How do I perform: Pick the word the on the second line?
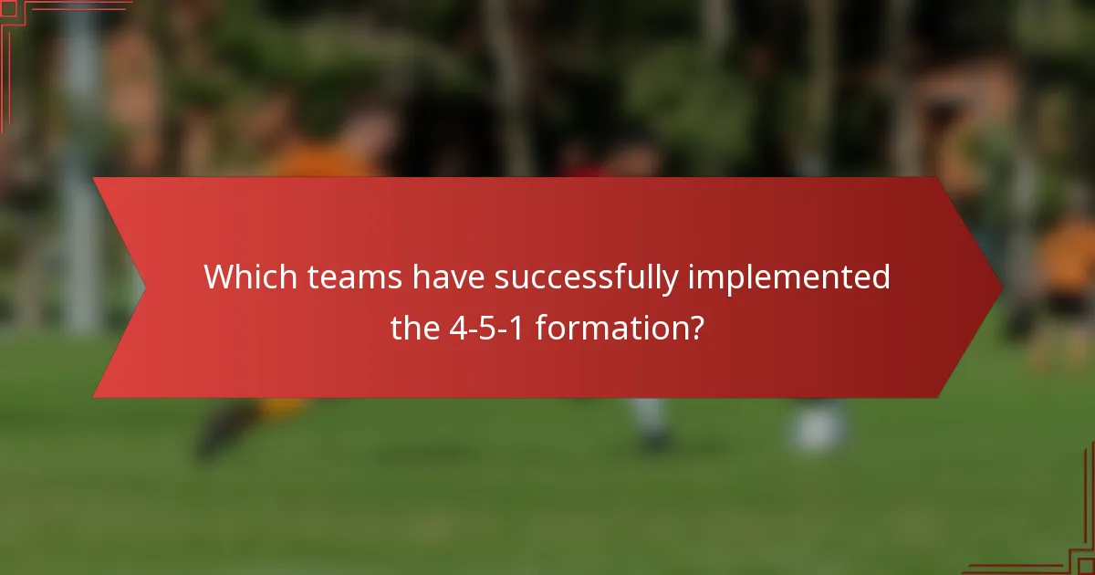click(x=414, y=328)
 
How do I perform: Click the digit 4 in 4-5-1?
click(x=457, y=328)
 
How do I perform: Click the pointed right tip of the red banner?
click(x=1000, y=287)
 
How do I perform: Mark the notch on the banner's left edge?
click(x=142, y=287)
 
